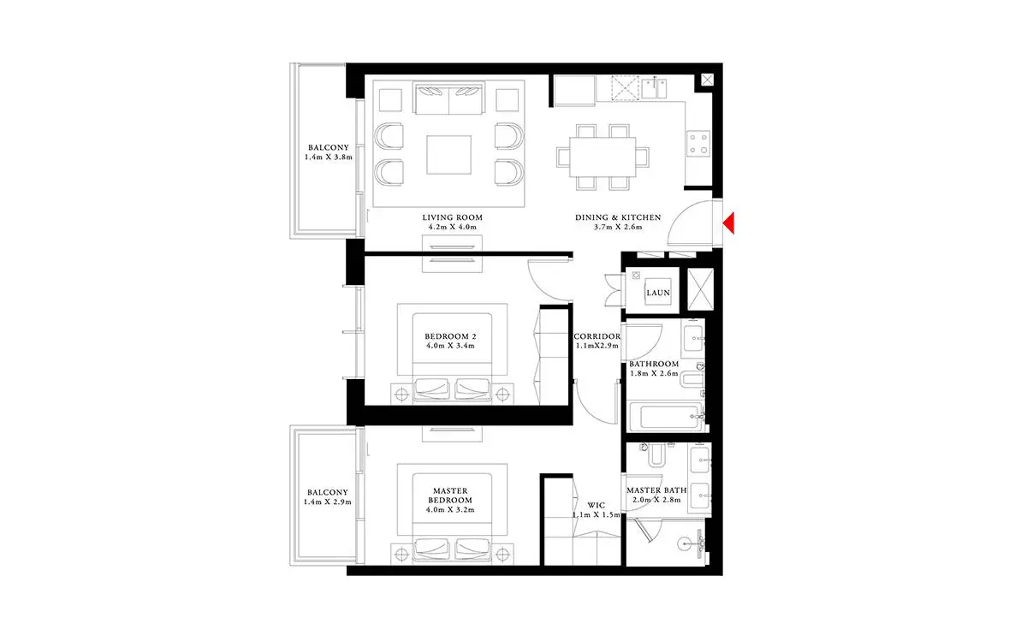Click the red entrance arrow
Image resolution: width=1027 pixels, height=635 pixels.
(x=729, y=223)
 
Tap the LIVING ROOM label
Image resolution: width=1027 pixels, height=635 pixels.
(x=452, y=217)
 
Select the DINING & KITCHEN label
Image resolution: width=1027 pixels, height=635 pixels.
(x=618, y=217)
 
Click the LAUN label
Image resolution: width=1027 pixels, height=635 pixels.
(x=658, y=293)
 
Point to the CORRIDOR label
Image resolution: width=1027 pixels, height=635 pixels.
(x=597, y=336)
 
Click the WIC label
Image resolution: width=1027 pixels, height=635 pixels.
(x=596, y=505)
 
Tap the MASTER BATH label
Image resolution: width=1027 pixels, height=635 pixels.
(x=656, y=490)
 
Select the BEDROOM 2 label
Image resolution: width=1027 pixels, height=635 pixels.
(x=450, y=336)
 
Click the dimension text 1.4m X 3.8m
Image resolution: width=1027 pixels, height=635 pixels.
(x=329, y=157)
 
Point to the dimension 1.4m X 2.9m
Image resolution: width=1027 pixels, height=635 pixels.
(x=327, y=502)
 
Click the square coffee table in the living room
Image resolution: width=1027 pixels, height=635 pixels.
(x=448, y=155)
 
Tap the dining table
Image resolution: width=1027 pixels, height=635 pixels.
(x=603, y=157)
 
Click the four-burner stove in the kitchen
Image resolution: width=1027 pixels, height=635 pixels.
(x=698, y=144)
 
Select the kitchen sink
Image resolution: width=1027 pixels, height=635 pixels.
(x=654, y=88)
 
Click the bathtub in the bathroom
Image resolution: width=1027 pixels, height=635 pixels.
(x=667, y=417)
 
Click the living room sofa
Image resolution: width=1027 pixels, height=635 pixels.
(x=448, y=98)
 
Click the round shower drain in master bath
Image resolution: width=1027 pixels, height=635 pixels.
(x=683, y=544)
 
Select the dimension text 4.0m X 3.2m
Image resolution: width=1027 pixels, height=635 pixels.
(x=450, y=510)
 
